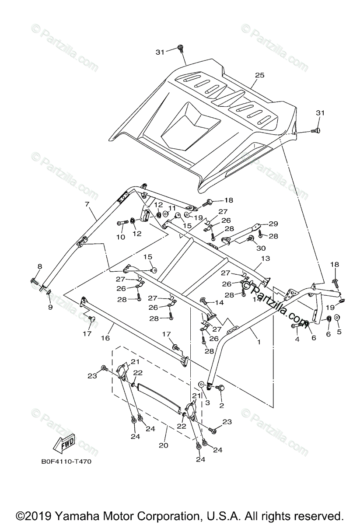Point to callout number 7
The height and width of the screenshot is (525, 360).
coord(87,204)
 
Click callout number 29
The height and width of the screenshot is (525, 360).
coord(273,224)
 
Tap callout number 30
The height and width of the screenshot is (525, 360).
coord(261,248)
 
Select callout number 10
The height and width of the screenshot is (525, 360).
coord(120,237)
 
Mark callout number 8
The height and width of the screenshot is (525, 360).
coord(40,266)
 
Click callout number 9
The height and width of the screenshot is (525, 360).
coord(50,307)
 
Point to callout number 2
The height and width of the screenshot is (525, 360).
coord(221,406)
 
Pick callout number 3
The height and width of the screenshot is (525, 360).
coord(207,402)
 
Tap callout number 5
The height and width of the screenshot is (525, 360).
coord(339,332)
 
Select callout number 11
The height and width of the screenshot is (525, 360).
coord(172,208)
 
